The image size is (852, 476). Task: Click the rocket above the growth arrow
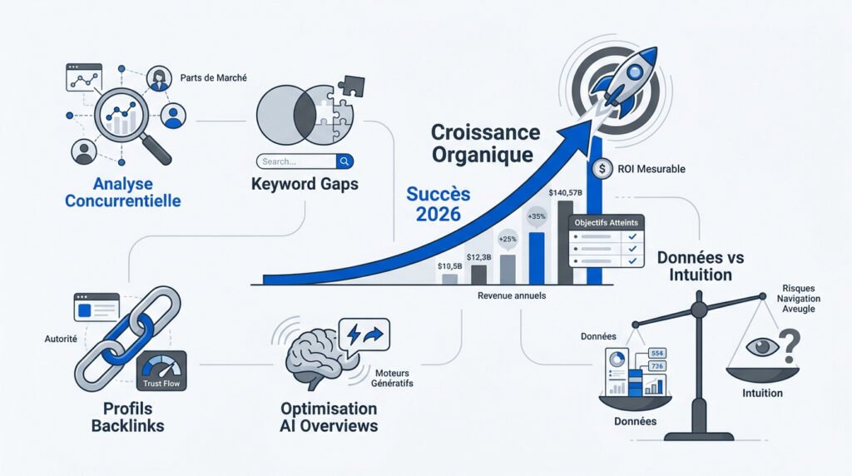point(625,82)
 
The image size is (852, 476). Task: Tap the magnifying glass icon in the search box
point(344,161)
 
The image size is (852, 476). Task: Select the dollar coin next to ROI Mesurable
point(602,169)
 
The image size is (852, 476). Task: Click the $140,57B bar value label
point(565,193)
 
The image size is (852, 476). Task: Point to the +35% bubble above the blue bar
point(537,216)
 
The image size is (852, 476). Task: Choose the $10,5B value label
point(450,266)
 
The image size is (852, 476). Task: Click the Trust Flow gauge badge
point(161,371)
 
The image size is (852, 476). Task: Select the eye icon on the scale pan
point(762,347)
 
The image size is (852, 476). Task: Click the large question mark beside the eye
point(790,346)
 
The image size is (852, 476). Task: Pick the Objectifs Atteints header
point(607,223)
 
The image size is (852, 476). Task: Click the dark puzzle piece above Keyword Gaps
point(351,86)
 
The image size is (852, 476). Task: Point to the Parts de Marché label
point(214,77)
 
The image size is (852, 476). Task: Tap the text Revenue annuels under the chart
point(512,295)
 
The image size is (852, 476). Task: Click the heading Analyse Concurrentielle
point(123,192)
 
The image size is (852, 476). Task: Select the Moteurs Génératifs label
point(393,378)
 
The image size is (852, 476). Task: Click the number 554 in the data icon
point(657,353)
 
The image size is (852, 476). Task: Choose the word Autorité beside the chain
point(61,339)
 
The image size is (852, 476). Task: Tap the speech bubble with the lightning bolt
point(364,335)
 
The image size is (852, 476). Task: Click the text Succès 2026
point(438,204)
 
